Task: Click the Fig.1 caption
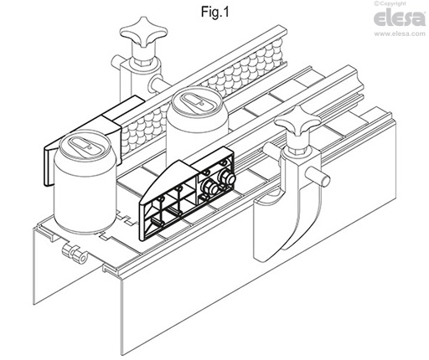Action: pos(214,12)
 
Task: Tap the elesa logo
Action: pos(400,18)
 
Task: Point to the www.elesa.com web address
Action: pos(400,33)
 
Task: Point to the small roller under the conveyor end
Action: pos(75,253)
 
